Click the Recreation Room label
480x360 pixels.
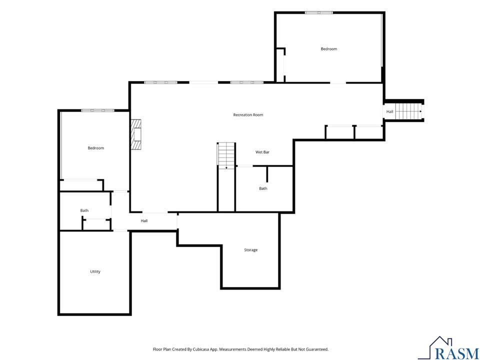point(248,115)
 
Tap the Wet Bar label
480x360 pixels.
point(262,152)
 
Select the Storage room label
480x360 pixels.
point(250,250)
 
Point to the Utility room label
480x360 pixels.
point(95,271)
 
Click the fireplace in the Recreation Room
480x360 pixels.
point(136,134)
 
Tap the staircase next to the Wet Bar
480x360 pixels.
point(226,154)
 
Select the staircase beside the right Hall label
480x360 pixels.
point(408,111)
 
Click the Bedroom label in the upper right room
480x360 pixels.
point(329,48)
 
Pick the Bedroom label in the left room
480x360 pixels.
point(96,148)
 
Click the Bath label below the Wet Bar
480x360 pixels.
point(263,188)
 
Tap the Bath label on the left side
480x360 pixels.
point(84,210)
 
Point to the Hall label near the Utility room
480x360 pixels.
point(144,220)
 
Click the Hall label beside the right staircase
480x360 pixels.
point(389,111)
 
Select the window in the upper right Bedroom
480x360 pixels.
point(318,12)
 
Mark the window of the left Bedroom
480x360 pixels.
point(97,110)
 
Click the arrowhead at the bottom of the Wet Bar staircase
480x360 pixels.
point(226,168)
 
